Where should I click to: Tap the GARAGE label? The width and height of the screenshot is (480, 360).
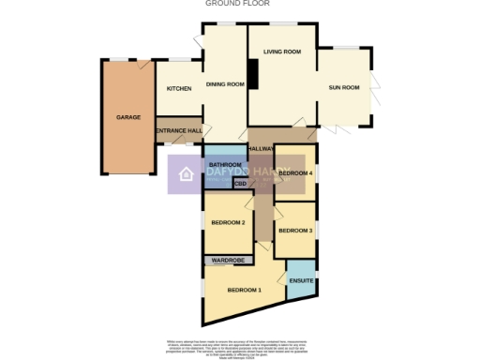(x=128, y=118)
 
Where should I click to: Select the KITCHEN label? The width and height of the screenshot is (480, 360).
(x=179, y=88)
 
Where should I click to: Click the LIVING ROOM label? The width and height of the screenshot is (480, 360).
(x=281, y=52)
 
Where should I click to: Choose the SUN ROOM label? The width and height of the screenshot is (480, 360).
(x=344, y=87)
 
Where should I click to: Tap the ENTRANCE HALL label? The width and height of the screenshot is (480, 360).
(x=178, y=130)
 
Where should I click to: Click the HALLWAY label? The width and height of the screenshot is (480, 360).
(x=261, y=148)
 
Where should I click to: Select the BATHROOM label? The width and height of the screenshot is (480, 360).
(x=225, y=165)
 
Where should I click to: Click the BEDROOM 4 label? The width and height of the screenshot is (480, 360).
(x=295, y=173)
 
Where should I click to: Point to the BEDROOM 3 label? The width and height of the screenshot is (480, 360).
(x=295, y=231)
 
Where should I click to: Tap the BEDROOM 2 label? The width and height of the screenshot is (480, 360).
(x=228, y=222)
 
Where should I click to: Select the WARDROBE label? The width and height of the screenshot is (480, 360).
(x=228, y=259)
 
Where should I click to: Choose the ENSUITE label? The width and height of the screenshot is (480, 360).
(x=301, y=281)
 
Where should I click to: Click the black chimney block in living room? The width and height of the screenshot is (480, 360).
(x=251, y=74)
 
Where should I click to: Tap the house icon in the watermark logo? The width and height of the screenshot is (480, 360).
(x=186, y=174)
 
